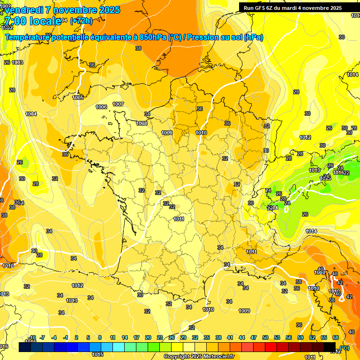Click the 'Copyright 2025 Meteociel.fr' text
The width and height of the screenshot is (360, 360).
[x=199, y=356]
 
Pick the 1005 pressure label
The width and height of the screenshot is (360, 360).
[x=78, y=97]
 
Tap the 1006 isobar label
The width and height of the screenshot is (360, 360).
[x=101, y=107]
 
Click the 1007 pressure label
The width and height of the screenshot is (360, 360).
[x=118, y=104]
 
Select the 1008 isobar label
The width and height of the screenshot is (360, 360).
[x=142, y=123]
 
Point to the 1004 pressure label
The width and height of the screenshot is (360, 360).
[x=31, y=114]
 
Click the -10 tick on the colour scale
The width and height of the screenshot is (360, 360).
[x=31, y=337]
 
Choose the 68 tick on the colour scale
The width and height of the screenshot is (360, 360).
[x=336, y=337]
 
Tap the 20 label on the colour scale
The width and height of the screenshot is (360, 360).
[x=148, y=337]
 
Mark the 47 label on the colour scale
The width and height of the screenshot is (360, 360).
[x=254, y=337]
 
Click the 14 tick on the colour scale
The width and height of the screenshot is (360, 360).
[x=125, y=337]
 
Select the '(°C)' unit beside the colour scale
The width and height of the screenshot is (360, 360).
[x=345, y=348]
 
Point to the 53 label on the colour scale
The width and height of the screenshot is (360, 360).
[x=277, y=337]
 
